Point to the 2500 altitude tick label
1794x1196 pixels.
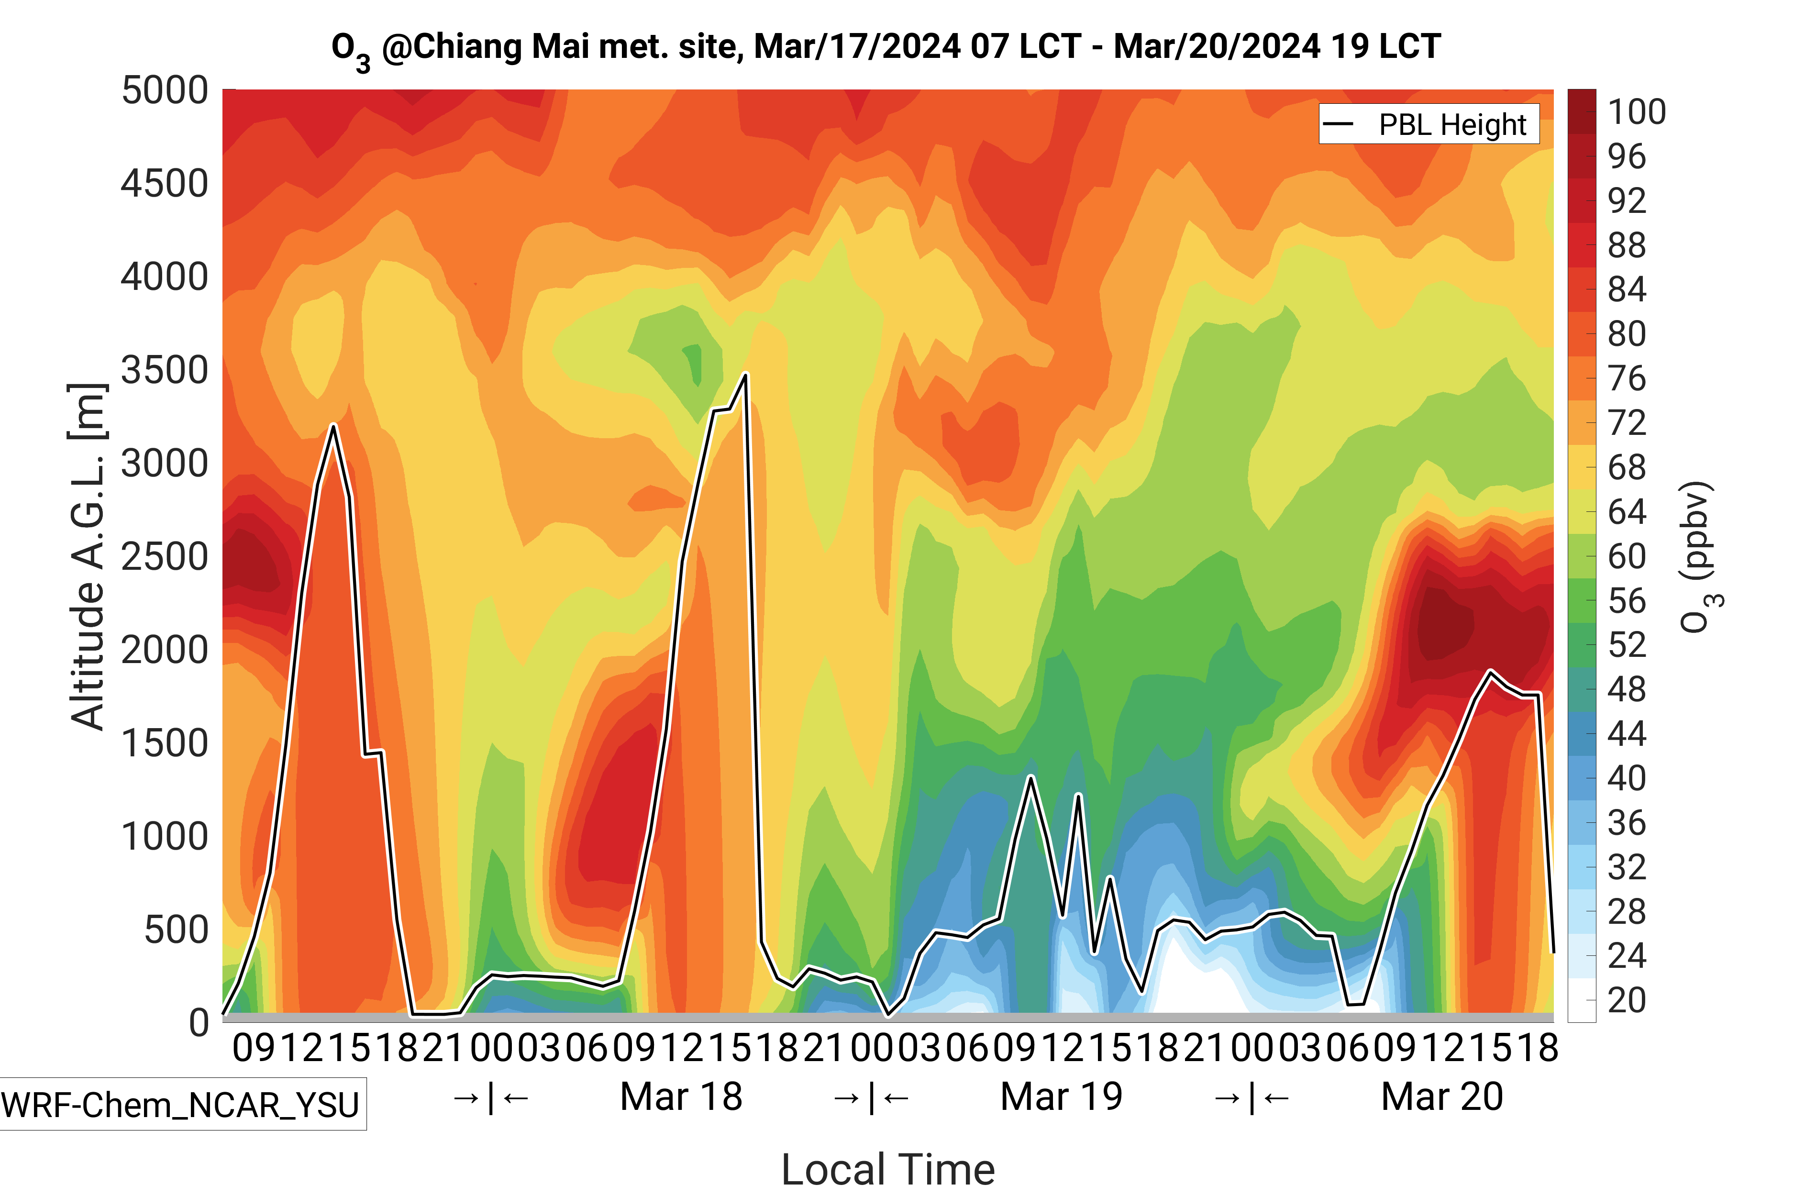point(165,557)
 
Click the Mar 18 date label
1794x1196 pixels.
point(681,1097)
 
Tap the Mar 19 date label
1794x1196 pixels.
point(1061,1097)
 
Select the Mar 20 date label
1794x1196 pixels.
point(1441,1097)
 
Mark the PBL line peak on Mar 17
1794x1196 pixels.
point(333,426)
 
